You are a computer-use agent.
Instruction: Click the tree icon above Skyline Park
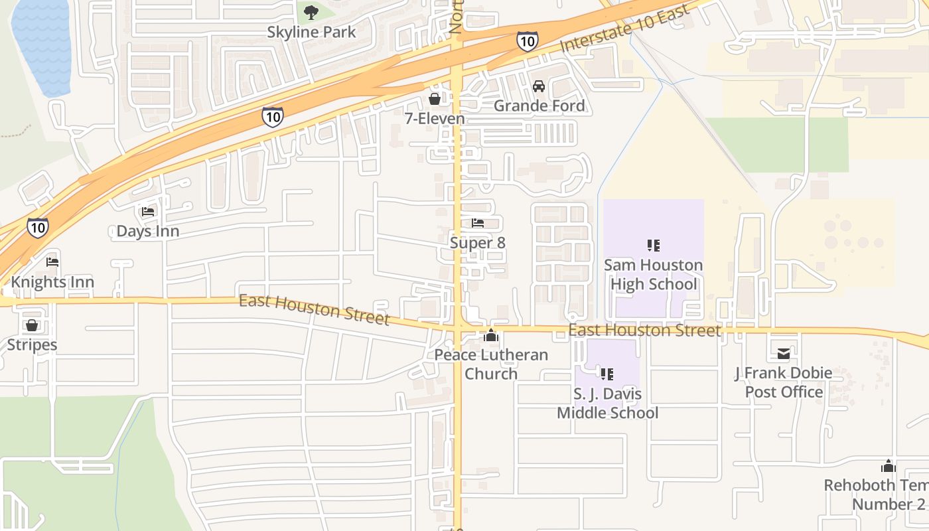[311, 11]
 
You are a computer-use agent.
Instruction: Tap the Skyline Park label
[311, 32]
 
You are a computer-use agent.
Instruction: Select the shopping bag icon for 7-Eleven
[435, 99]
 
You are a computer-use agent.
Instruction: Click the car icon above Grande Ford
[539, 86]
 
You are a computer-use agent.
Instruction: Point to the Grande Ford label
[539, 106]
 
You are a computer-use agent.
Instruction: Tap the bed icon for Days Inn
[148, 212]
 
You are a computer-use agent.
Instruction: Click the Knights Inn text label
[52, 282]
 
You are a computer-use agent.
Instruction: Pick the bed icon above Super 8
[478, 223]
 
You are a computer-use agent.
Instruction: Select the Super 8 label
[478, 243]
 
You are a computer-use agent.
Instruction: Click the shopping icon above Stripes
[32, 325]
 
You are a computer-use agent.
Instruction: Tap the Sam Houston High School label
[653, 275]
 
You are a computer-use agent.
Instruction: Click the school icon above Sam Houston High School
[653, 246]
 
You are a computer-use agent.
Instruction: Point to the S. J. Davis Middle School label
[607, 404]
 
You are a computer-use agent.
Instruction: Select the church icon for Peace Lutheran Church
[491, 335]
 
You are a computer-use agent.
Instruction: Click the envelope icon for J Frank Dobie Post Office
[783, 353]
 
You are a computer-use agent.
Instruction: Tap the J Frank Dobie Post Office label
[783, 382]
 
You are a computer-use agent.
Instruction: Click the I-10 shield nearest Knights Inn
[38, 228]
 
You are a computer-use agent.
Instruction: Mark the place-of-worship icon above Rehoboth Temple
[888, 466]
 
